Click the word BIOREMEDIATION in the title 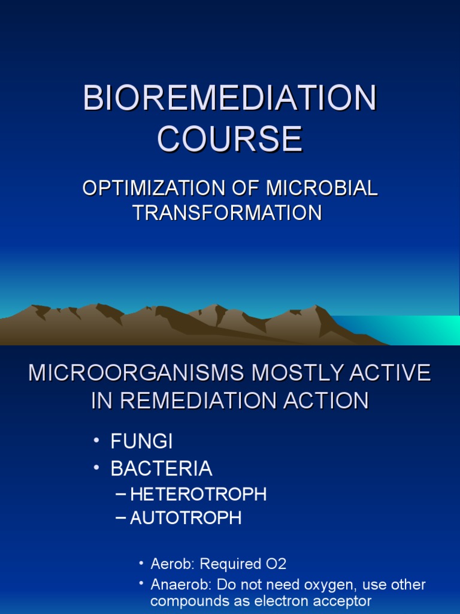click(230, 98)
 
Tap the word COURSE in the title click(230, 139)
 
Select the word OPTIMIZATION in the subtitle click(153, 188)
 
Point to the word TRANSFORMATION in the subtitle click(228, 212)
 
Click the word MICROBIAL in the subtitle click(322, 188)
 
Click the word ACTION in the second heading click(328, 401)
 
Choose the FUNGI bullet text click(141, 443)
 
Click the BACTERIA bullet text click(161, 468)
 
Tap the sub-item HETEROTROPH click(198, 495)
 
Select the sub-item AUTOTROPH click(186, 518)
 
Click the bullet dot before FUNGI click(96, 443)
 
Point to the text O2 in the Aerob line click(276, 564)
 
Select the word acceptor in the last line click(345, 601)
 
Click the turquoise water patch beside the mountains click(419, 329)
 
